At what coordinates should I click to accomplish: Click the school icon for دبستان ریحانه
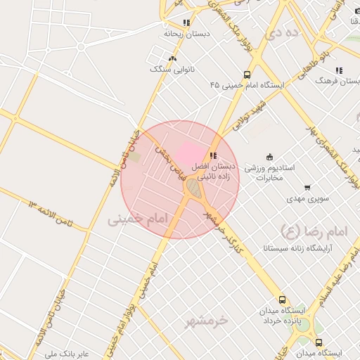click(186, 22)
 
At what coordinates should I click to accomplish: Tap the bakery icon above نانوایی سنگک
click(173, 58)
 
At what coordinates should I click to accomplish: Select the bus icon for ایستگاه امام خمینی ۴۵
click(247, 74)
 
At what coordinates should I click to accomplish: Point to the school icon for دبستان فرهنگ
click(339, 70)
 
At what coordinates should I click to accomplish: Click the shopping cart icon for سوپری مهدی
click(307, 188)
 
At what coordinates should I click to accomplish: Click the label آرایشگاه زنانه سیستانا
click(297, 248)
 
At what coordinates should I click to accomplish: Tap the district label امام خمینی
click(139, 219)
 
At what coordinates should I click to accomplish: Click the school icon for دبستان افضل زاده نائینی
click(213, 156)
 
